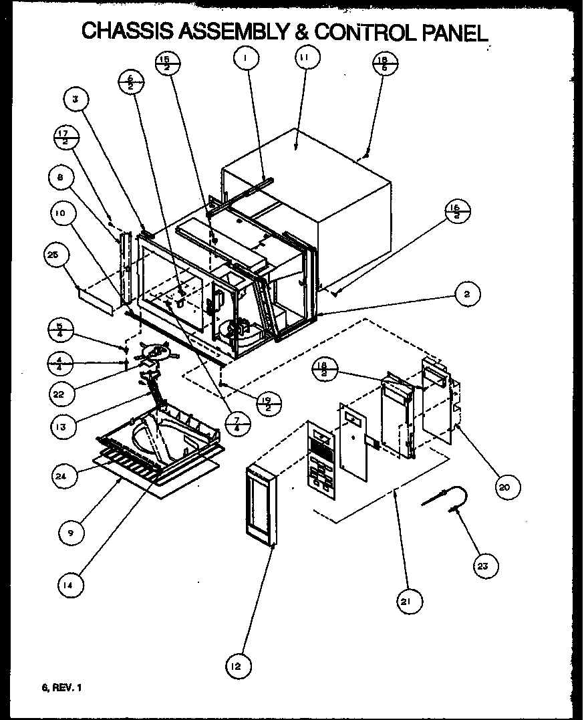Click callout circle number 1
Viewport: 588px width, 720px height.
(x=246, y=58)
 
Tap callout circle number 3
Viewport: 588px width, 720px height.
(x=76, y=100)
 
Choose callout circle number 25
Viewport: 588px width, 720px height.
(x=55, y=254)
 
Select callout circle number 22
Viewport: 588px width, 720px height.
(x=61, y=393)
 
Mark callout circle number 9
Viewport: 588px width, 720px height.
(x=70, y=533)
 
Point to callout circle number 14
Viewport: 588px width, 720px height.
(x=70, y=585)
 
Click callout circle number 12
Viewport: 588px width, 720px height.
(x=239, y=665)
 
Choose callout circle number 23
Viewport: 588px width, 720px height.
(x=482, y=566)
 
